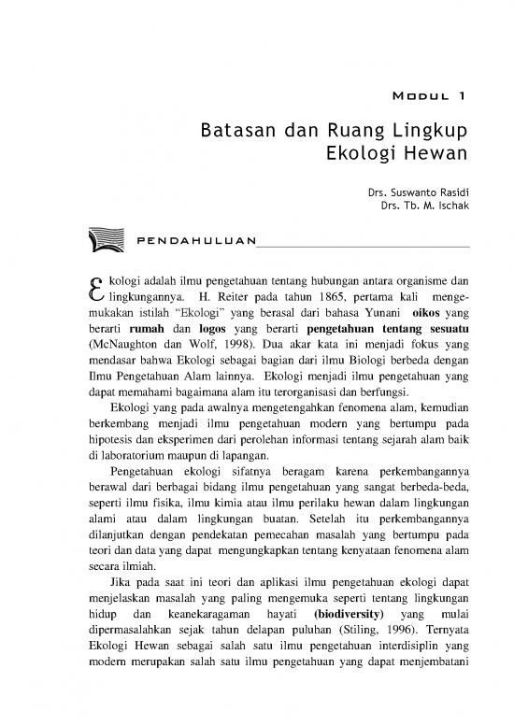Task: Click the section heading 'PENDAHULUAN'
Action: (195, 243)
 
